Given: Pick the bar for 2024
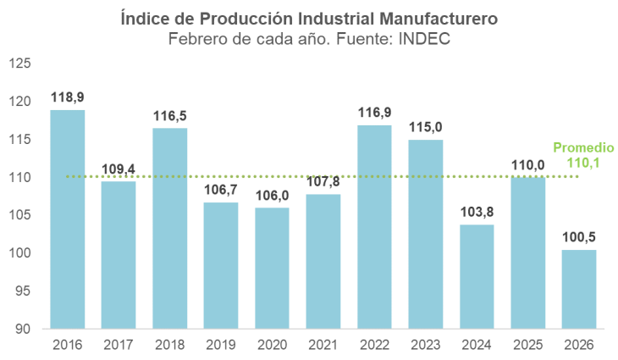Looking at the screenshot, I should (477, 276).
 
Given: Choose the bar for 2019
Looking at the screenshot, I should (221, 265).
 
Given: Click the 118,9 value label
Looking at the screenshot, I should (67, 98).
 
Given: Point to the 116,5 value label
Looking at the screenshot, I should (169, 116).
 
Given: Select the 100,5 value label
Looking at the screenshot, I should (579, 238).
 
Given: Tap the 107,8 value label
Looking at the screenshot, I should (323, 182).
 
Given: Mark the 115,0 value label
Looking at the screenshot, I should (426, 127).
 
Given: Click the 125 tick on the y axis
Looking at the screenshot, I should (19, 64).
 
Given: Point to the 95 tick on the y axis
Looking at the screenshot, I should (23, 291).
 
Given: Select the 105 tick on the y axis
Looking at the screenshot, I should (19, 215).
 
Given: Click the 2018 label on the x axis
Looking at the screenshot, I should (169, 345).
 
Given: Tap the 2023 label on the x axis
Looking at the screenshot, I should (426, 345).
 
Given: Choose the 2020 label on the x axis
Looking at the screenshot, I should (272, 345).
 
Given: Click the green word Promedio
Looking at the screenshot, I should (582, 147).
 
